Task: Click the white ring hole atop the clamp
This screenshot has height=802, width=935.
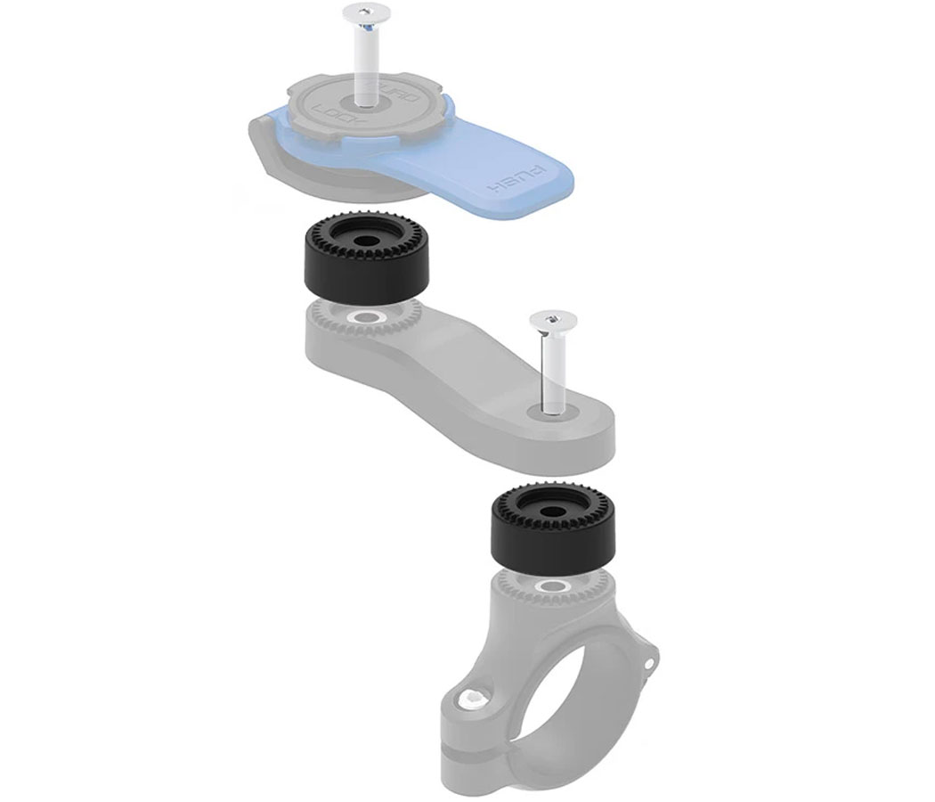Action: (x=553, y=586)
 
